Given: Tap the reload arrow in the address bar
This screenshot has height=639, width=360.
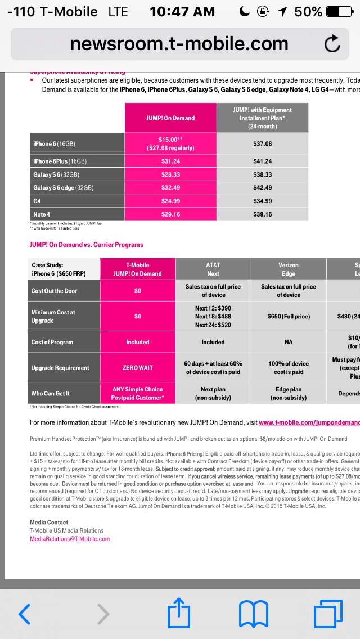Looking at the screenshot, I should [x=332, y=44].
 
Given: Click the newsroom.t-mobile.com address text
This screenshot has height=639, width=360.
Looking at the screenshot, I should [x=179, y=43].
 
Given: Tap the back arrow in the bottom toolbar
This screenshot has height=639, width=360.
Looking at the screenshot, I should [x=24, y=614].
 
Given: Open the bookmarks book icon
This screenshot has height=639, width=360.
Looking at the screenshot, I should [x=254, y=614].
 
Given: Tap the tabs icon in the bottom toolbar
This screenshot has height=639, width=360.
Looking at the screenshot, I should [x=328, y=614].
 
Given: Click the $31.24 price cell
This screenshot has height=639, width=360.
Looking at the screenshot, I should [x=170, y=161].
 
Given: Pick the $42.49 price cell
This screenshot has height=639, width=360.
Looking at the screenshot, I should [x=262, y=187].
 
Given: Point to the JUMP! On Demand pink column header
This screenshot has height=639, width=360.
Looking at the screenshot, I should [x=170, y=118].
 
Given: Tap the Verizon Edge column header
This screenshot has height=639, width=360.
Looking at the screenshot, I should [x=289, y=269].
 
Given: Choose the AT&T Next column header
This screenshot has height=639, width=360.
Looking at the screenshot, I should [x=213, y=269].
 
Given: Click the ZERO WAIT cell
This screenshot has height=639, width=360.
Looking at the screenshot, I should [x=138, y=368].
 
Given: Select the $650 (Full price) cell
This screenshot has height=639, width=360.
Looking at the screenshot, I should [x=289, y=316].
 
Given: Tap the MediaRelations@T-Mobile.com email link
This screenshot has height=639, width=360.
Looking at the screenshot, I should [x=70, y=538].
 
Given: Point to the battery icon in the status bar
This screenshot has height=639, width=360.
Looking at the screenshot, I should [x=340, y=12].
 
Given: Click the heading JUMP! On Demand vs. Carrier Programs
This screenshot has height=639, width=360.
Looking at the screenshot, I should [x=86, y=245].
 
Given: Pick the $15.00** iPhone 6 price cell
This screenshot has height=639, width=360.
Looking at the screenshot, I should [x=170, y=143].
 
